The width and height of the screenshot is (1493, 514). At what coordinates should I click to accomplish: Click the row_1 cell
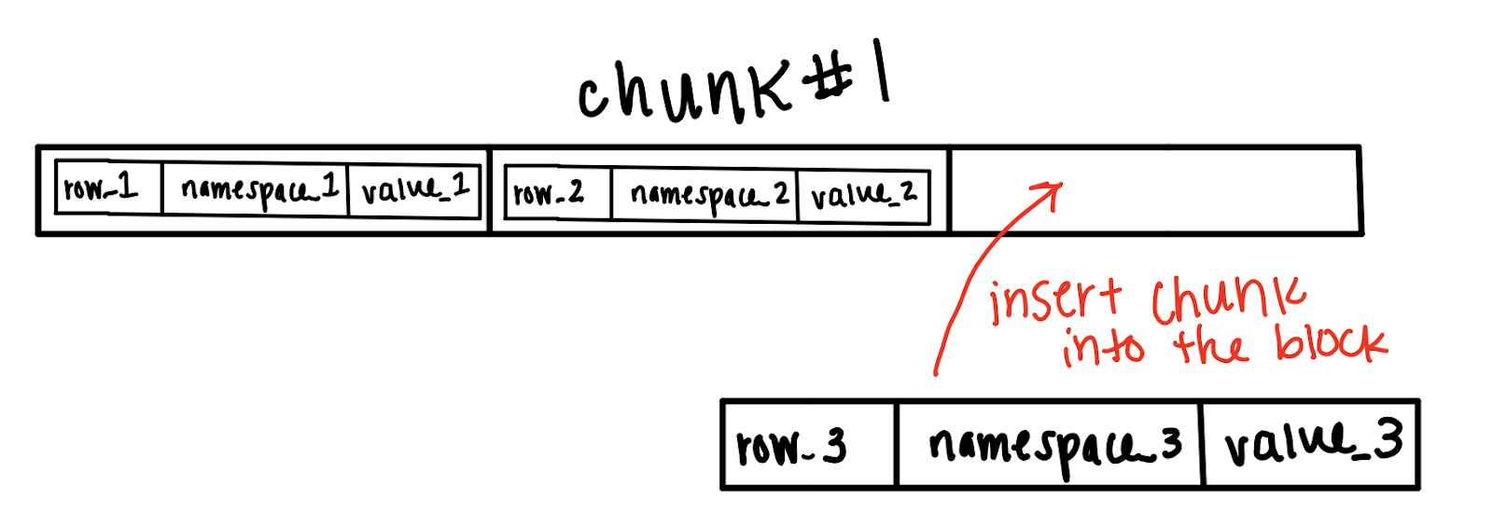tap(108, 188)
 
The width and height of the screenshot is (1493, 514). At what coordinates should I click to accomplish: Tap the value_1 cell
tap(414, 190)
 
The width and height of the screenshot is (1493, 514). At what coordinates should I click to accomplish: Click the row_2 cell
tap(557, 194)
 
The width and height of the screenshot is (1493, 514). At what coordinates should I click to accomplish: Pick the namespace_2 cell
tap(705, 195)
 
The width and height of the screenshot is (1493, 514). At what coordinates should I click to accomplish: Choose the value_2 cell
tap(864, 196)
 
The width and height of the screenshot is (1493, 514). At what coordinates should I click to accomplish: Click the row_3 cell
tap(808, 445)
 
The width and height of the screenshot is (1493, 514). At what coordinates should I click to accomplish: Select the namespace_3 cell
tap(1049, 445)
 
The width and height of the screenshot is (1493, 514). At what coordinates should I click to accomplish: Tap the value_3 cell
tap(1311, 444)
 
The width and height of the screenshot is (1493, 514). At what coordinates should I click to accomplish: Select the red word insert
tap(1054, 299)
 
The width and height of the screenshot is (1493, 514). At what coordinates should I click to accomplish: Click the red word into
tap(1103, 346)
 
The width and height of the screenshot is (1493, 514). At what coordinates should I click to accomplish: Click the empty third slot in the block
tap(1154, 190)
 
